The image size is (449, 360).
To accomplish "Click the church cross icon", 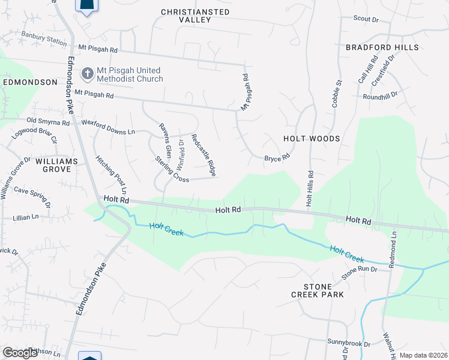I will point(87,73).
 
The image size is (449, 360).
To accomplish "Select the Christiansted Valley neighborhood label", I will point(195,16).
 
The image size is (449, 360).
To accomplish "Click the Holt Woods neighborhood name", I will point(312,139).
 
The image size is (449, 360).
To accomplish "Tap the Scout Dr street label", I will point(366,19).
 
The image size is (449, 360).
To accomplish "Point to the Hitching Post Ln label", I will point(112,174).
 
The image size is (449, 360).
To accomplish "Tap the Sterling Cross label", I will point(172,170).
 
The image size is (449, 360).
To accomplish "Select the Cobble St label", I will point(337,94).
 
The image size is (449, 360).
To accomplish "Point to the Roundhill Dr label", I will point(381,96).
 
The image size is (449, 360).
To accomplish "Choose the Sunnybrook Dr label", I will point(349,342).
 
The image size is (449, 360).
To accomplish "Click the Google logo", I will point(20,352).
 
